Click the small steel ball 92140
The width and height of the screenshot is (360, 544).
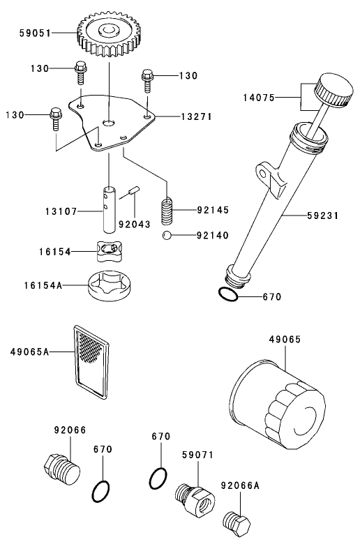point(167,235)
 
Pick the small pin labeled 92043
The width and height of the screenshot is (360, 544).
point(135,191)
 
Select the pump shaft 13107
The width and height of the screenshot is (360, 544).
point(110,209)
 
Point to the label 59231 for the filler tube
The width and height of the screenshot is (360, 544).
point(322,216)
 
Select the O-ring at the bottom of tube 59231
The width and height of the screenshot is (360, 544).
point(227,295)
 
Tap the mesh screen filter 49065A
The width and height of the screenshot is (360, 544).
point(91,362)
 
